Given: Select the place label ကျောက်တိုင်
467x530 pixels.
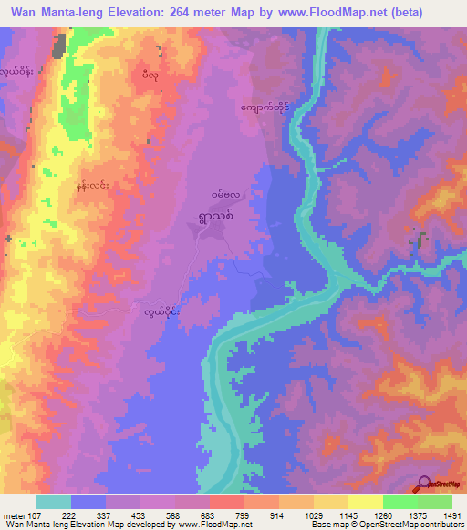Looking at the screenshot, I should pyautogui.click(x=265, y=107).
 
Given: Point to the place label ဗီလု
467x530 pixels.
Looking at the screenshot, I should pyautogui.click(x=151, y=75).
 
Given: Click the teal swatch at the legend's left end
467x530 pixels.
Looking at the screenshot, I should pyautogui.click(x=54, y=502).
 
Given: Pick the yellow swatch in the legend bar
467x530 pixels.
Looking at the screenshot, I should pyautogui.click(x=366, y=502).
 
